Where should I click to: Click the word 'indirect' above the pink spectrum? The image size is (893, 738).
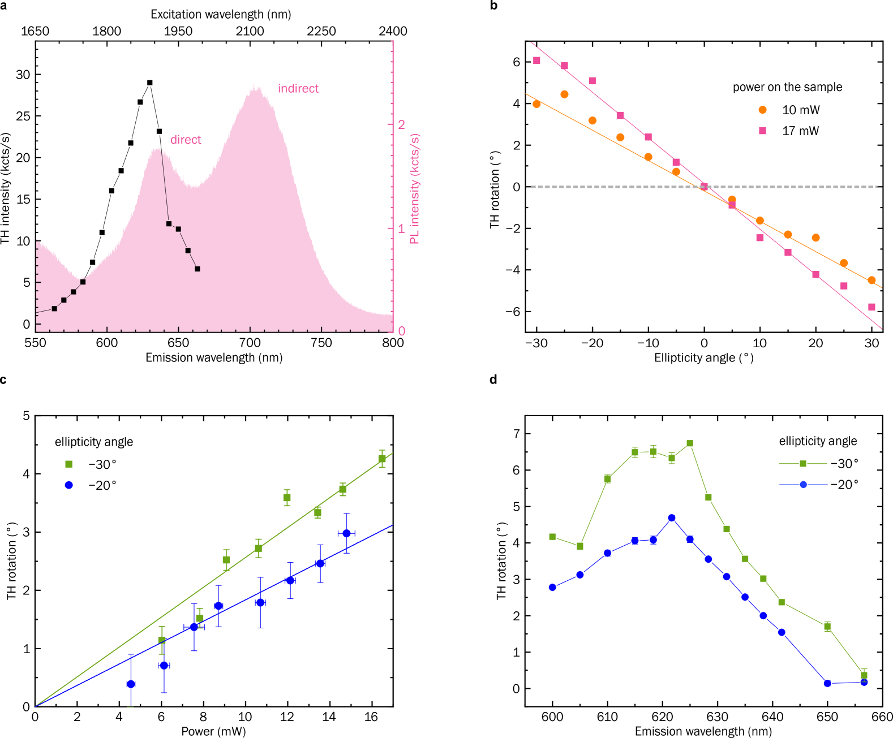298,89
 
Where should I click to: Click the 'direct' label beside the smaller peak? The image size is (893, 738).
186,140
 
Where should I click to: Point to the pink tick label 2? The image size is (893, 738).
402,124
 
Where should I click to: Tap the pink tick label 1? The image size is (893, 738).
402,228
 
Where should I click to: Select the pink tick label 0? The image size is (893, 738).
402,331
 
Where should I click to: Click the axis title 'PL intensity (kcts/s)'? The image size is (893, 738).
415,189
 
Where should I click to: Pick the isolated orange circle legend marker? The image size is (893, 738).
762,110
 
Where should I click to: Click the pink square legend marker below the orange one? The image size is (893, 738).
762,131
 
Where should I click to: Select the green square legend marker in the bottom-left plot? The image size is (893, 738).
69,464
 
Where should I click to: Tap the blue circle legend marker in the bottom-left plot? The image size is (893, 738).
69,485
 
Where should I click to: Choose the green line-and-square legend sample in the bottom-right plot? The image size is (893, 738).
802,464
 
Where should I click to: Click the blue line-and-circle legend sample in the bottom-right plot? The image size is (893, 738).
802,485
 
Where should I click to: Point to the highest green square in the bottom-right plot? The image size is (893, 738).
690,443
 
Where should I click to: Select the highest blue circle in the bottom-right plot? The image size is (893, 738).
672,518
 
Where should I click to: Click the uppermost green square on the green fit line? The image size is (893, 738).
382,459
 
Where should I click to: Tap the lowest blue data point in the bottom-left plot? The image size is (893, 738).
131,684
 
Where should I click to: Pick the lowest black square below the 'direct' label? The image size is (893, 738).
198,269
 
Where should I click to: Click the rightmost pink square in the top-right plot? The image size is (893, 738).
871,307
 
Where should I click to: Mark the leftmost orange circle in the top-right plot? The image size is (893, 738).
536,104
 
